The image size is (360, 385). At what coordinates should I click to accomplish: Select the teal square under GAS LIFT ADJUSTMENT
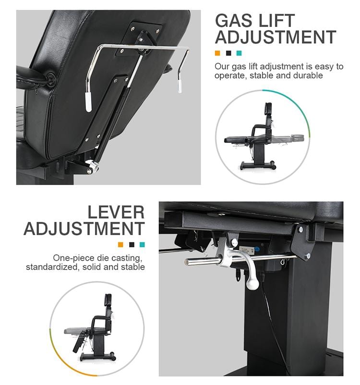[x=239, y=53]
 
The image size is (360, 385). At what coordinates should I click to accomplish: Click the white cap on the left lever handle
[x=88, y=102]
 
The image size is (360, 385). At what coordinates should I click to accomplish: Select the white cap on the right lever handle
[x=180, y=85]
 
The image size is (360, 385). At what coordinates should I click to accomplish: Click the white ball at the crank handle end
[x=253, y=284]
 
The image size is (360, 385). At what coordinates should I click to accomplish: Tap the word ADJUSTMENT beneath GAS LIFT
[x=275, y=37]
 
